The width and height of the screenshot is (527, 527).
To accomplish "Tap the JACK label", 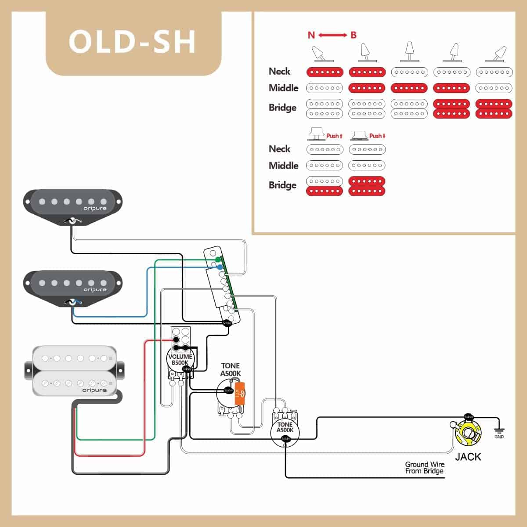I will pyautogui.click(x=468, y=457).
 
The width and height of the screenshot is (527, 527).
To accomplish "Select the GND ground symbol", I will pyautogui.click(x=499, y=432).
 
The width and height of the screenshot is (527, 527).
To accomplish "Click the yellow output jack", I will pyautogui.click(x=468, y=434).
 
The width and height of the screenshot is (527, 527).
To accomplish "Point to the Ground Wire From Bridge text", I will pyautogui.click(x=424, y=468).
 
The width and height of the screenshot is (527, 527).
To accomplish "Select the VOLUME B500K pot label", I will pyautogui.click(x=180, y=360).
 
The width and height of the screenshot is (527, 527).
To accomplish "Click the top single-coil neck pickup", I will pyautogui.click(x=72, y=204).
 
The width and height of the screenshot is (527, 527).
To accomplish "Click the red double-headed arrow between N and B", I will pyautogui.click(x=332, y=35).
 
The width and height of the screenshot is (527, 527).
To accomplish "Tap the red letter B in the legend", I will pyautogui.click(x=354, y=35).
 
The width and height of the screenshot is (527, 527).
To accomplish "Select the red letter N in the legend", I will pyautogui.click(x=311, y=35).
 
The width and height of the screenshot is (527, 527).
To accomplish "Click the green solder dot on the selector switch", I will pyautogui.click(x=218, y=259).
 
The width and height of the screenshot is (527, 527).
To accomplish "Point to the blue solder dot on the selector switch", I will pyautogui.click(x=220, y=267).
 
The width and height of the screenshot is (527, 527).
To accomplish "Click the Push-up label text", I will pyautogui.click(x=334, y=136).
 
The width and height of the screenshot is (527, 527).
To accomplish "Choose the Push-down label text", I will pyautogui.click(x=377, y=136).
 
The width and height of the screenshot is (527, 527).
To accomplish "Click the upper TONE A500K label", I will pyautogui.click(x=231, y=369).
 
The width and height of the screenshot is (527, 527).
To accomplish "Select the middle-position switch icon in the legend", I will pyautogui.click(x=409, y=52).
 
